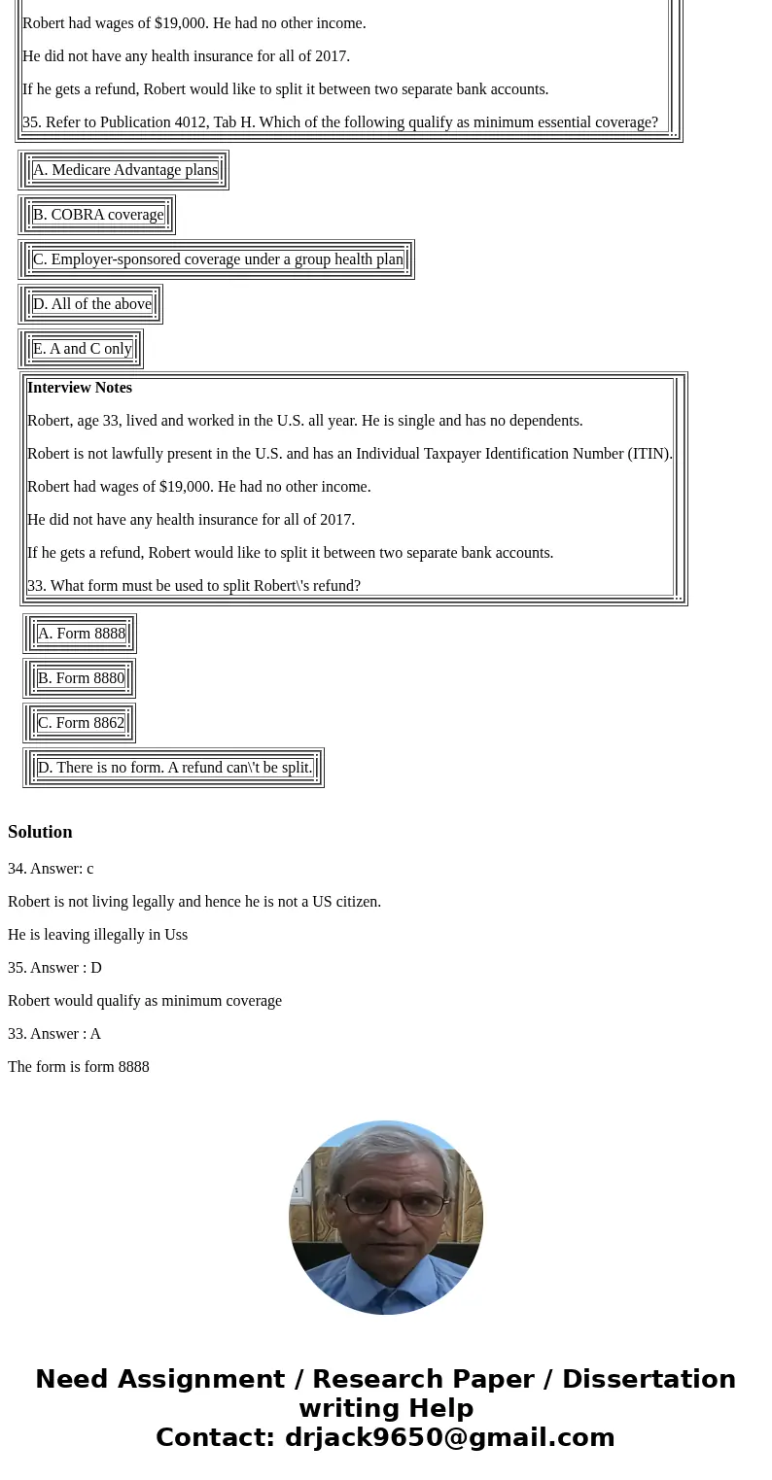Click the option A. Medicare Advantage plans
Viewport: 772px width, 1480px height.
124,170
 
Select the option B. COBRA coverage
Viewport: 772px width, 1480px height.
98,215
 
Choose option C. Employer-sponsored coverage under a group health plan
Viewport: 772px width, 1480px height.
218,259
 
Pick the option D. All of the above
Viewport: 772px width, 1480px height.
92,304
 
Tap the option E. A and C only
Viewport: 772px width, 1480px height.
82,349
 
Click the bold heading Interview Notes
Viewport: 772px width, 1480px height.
80,388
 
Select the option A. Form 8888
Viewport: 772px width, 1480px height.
82,634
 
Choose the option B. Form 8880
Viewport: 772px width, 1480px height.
81,678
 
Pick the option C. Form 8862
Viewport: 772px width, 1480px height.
81,723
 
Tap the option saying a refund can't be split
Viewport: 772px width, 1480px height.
175,768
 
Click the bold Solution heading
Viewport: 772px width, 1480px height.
40,832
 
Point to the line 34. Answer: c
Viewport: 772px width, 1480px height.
51,869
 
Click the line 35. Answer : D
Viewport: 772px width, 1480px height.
54,968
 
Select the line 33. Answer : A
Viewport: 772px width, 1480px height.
54,1034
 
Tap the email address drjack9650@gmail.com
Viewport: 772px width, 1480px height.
449,1437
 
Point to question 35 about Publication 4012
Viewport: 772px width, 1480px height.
340,122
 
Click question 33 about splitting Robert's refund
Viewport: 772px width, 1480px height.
193,586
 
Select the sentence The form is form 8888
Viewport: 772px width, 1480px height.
79,1067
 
